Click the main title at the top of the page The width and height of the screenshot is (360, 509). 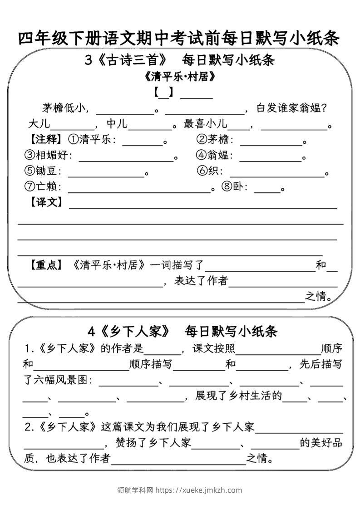click(179, 38)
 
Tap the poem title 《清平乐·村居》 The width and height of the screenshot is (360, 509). click(179, 77)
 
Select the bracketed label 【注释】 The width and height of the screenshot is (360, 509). click(44, 140)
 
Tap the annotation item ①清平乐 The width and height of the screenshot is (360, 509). click(89, 140)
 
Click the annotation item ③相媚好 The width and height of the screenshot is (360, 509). click(47, 156)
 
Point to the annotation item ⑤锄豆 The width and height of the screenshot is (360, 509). click(41, 171)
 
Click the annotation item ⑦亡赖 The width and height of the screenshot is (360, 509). click(41, 186)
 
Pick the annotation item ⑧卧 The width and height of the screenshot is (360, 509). click(233, 186)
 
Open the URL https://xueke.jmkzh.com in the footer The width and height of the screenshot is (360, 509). click(199, 490)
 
